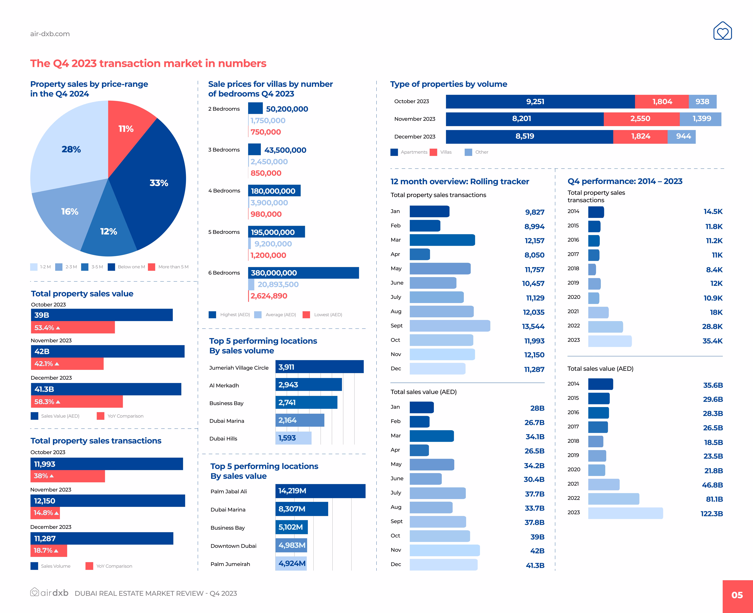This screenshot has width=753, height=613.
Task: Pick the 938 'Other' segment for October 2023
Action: (702, 102)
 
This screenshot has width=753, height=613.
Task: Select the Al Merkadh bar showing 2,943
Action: (308, 385)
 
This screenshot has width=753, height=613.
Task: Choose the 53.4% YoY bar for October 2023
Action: (73, 327)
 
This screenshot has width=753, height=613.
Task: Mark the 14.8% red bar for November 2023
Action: (45, 513)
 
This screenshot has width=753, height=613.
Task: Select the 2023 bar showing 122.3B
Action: (626, 513)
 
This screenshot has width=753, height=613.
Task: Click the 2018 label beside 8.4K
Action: (573, 268)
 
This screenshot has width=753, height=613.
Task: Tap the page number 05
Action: (737, 595)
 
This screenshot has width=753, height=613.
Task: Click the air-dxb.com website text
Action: (50, 34)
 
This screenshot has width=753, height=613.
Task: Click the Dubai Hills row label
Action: (223, 439)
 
